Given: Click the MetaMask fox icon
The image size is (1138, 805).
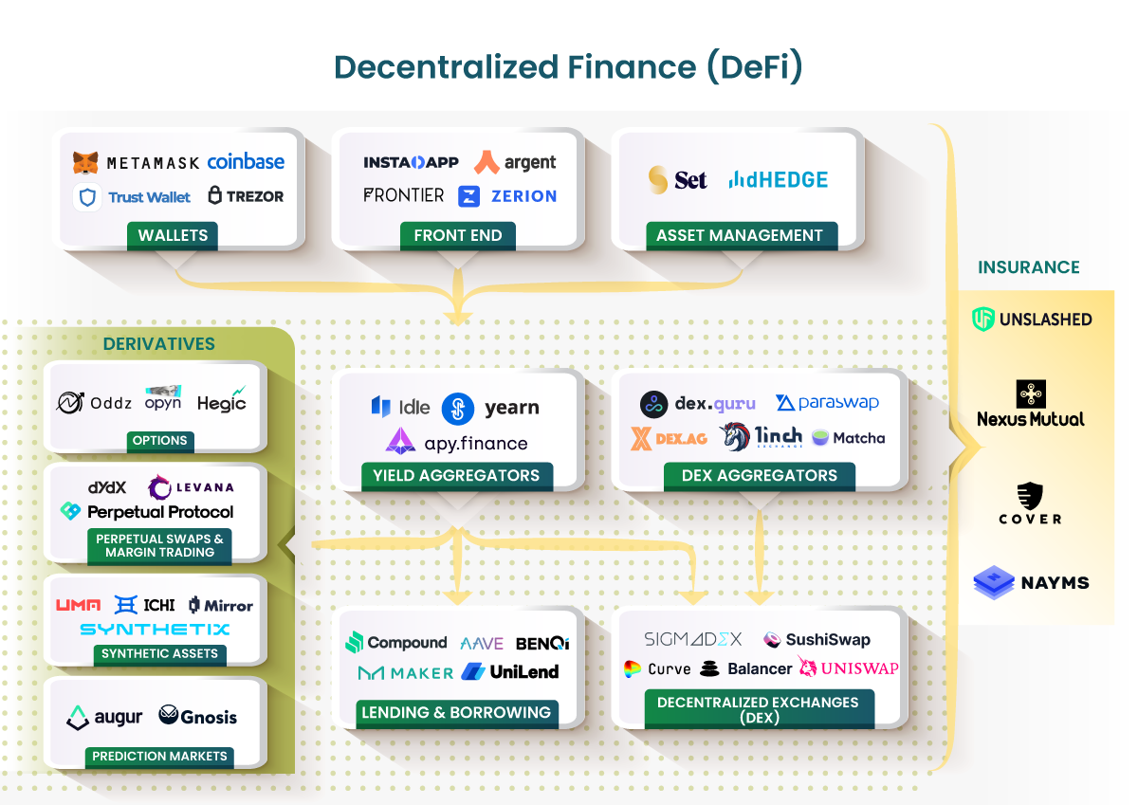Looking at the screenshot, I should [x=86, y=163].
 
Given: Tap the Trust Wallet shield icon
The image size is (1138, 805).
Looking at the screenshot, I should [x=87, y=197].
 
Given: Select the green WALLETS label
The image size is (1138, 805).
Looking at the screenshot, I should [x=173, y=235].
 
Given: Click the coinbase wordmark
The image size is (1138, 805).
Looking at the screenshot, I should [x=246, y=162].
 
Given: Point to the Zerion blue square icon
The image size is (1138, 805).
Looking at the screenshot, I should [x=468, y=196].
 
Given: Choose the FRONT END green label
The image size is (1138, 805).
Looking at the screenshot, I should [x=458, y=235].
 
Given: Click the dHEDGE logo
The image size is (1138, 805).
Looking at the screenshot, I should [x=778, y=179].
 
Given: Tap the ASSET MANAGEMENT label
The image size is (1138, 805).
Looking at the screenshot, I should [x=740, y=235].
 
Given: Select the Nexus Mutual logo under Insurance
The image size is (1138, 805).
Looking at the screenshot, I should [x=1030, y=405].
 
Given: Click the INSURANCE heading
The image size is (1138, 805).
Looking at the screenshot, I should [x=1029, y=267].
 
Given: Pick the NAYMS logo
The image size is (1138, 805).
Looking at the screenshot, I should [x=1030, y=582].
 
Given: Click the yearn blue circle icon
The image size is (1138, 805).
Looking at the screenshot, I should [x=458, y=409].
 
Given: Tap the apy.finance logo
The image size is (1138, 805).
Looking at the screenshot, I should [x=456, y=442].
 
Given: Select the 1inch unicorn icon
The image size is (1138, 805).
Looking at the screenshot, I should [x=735, y=436].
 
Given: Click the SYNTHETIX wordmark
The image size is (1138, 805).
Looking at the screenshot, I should [x=155, y=629].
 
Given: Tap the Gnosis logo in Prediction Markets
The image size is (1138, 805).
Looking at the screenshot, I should [x=198, y=716].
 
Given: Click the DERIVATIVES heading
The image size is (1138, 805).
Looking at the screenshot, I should [x=159, y=343].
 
